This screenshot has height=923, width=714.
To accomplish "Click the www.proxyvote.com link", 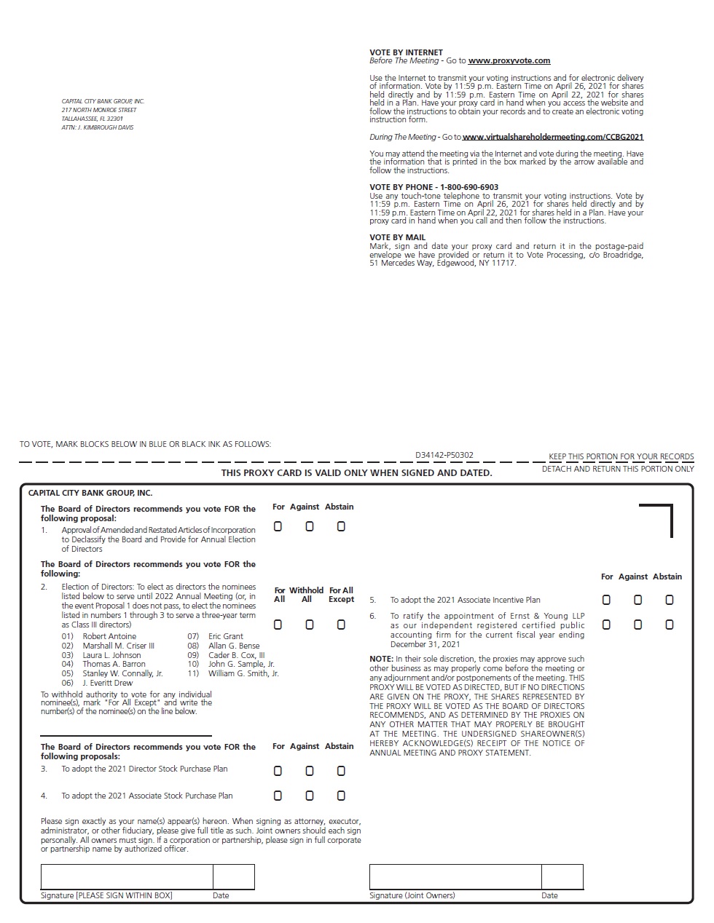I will point(509,61).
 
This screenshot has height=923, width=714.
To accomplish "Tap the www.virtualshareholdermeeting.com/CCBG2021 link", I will point(553,137).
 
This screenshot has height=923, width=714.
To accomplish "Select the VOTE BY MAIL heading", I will point(397,237).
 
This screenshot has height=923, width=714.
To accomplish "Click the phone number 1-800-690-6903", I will point(469,187).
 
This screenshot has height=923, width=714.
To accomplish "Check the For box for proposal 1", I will point(278,526).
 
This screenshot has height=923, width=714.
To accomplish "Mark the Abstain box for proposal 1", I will point(341,526).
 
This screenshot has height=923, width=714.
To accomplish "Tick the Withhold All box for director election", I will point(310,625).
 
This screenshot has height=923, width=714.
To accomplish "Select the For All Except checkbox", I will point(341,625).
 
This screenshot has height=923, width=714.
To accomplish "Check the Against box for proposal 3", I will point(310,771).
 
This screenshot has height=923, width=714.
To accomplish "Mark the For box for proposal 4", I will point(278,796).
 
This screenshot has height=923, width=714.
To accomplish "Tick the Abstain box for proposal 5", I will point(670,600).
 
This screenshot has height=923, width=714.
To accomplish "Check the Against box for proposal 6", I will point(638,625).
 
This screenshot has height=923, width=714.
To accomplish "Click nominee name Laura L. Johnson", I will point(111,655).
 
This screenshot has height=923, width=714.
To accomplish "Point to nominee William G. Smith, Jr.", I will point(243,674).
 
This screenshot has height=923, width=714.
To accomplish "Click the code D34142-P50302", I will point(444,456).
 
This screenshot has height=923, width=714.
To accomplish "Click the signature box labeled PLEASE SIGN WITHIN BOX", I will point(127,877).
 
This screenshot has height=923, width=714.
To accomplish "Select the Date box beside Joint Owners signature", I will point(562,877).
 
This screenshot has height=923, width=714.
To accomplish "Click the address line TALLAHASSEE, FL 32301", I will point(92,119).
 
